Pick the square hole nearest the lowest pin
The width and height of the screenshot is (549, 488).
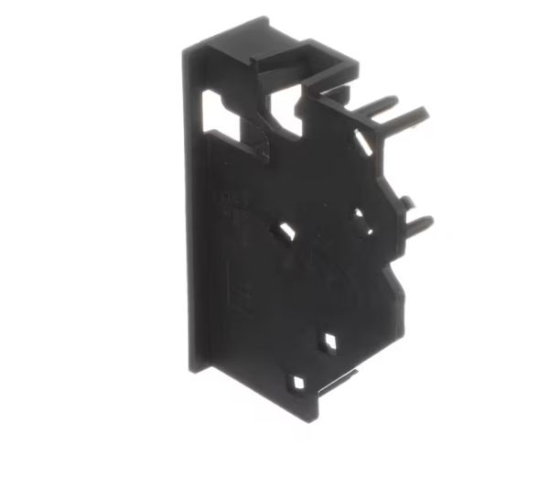pyautogui.click(x=359, y=218)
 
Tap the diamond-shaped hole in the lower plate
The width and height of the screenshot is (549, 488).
pyautogui.click(x=327, y=342)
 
